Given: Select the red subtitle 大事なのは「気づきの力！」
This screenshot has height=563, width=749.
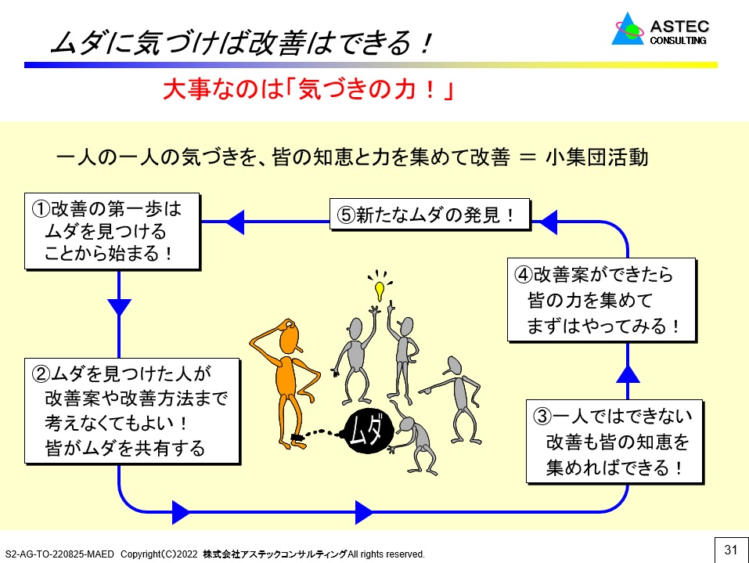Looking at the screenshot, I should (309, 90).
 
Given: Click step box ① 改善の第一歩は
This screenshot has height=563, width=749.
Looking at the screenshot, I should (110, 231).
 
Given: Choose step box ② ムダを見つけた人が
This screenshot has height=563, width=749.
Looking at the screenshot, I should (128, 410).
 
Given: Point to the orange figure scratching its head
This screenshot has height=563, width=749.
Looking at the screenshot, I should (289, 376).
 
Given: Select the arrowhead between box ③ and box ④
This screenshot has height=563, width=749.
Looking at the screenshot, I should (628, 373).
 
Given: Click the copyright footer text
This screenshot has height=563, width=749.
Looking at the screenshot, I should (215, 554).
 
